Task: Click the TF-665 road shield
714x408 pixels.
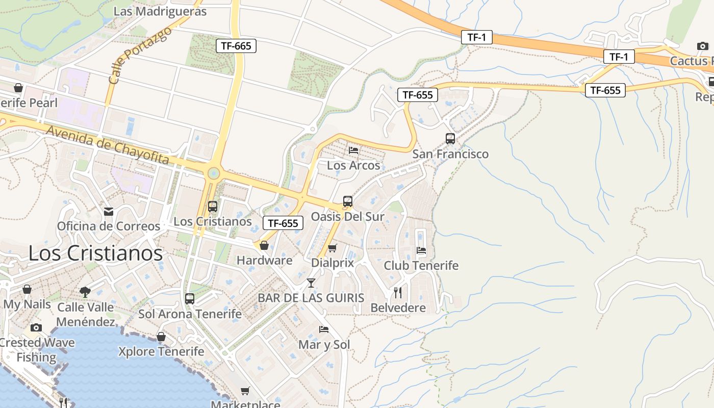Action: pyautogui.click(x=236, y=46)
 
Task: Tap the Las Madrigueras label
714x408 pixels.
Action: pyautogui.click(x=160, y=11)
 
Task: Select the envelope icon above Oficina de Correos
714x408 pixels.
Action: pyautogui.click(x=109, y=211)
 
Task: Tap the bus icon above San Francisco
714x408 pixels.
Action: pyautogui.click(x=450, y=138)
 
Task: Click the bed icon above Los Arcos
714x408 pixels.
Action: pyautogui.click(x=353, y=150)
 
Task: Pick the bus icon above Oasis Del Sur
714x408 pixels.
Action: pyautogui.click(x=348, y=201)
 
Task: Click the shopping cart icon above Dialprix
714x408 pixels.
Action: pyautogui.click(x=333, y=248)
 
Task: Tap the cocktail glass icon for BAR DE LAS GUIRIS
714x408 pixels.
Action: pyautogui.click(x=311, y=283)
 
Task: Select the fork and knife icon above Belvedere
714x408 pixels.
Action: pyautogui.click(x=398, y=293)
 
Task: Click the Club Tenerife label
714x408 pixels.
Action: pyautogui.click(x=421, y=266)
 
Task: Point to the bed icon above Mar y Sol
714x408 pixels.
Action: pyautogui.click(x=324, y=329)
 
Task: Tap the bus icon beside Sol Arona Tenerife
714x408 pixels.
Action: pyautogui.click(x=190, y=299)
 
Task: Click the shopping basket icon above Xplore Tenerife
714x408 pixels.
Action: pyautogui.click(x=161, y=337)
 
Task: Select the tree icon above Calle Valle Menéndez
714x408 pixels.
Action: pyautogui.click(x=85, y=292)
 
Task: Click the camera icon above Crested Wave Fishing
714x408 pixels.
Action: pyautogui.click(x=36, y=327)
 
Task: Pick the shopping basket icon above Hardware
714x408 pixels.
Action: pyautogui.click(x=264, y=245)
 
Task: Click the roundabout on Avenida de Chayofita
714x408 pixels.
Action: pyautogui.click(x=214, y=173)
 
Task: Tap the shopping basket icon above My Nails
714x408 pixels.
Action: pyautogui.click(x=27, y=289)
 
